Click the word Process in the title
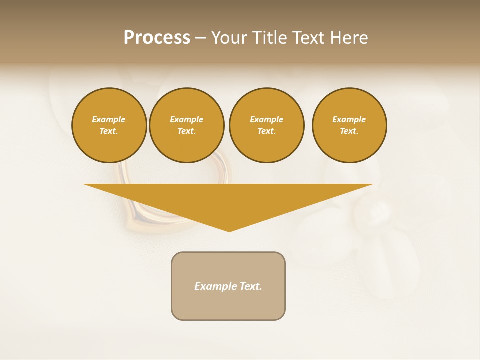pyautogui.click(x=157, y=38)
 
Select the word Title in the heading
pyautogui.click(x=270, y=38)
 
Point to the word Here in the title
pyautogui.click(x=349, y=38)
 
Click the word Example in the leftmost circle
pyautogui.click(x=109, y=119)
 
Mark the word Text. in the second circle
pyautogui.click(x=186, y=131)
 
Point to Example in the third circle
pyautogui.click(x=266, y=119)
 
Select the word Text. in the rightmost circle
pyautogui.click(x=349, y=131)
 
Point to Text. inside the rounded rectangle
pyautogui.click(x=251, y=286)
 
